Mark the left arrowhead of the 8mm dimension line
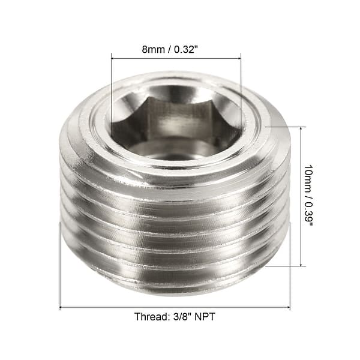(x=114, y=59)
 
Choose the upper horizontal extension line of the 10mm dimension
(x=285, y=127)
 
